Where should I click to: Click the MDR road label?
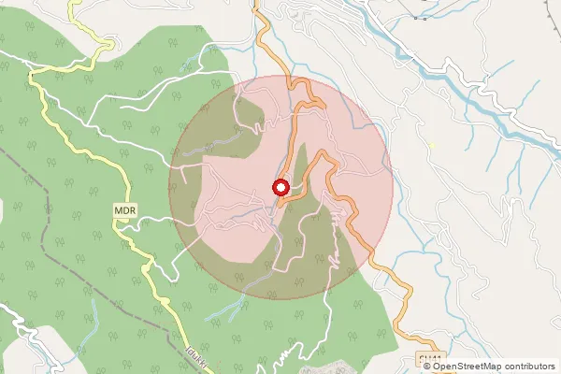point(126,211)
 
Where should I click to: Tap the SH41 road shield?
point(428,359)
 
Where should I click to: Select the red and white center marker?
point(280,187)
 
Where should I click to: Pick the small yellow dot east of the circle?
point(431,145)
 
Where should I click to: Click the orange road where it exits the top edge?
point(256,6)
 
